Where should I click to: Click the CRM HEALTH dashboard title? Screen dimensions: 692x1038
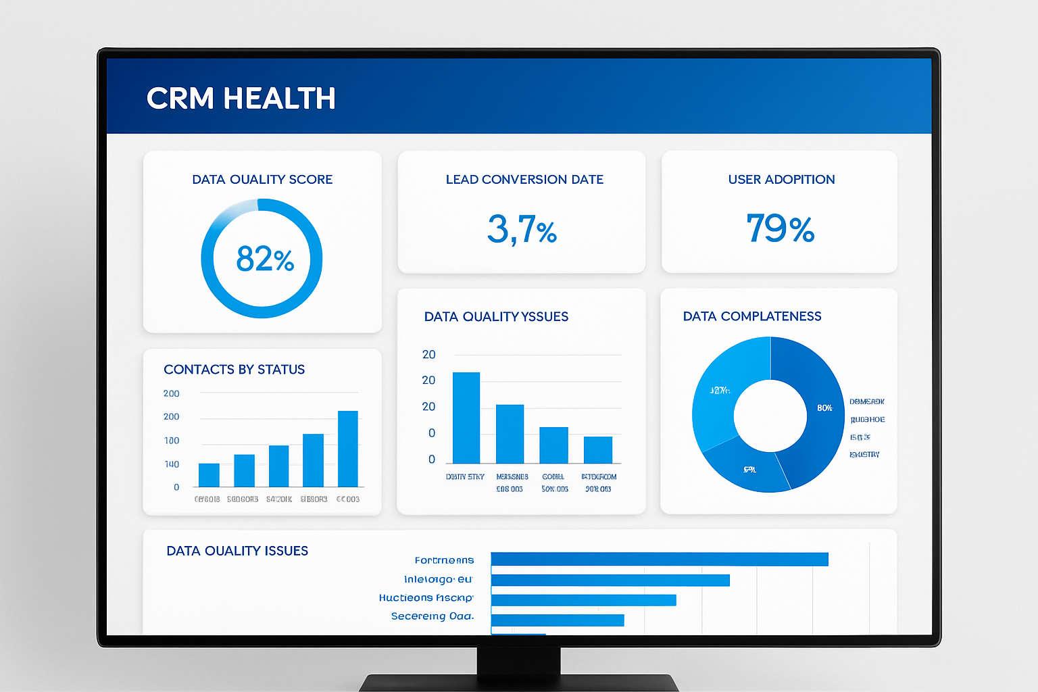241,99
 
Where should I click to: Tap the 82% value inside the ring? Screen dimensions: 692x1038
265,259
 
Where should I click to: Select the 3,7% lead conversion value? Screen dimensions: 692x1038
522,229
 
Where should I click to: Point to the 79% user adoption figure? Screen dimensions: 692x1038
780,228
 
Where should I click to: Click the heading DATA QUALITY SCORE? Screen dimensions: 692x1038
262,180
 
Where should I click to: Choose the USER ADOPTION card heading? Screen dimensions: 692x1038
781,180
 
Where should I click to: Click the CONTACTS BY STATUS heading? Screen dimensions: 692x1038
234,370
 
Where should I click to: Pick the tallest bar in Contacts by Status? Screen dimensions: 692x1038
347,449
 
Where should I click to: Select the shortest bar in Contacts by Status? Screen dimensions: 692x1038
209,475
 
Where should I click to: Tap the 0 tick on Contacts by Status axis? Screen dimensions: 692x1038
176,487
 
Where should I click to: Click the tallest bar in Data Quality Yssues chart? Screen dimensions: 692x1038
466,418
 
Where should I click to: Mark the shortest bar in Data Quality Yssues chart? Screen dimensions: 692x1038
597,449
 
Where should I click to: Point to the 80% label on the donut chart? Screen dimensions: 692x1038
824,408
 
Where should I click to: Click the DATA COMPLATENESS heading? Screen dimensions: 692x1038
752,316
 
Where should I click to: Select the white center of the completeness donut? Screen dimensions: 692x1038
770,415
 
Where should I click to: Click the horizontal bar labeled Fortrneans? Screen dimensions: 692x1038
659,560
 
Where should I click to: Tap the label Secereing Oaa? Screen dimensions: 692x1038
432,616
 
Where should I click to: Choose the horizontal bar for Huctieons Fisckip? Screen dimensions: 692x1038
583,600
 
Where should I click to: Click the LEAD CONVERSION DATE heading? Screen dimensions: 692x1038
524,180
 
